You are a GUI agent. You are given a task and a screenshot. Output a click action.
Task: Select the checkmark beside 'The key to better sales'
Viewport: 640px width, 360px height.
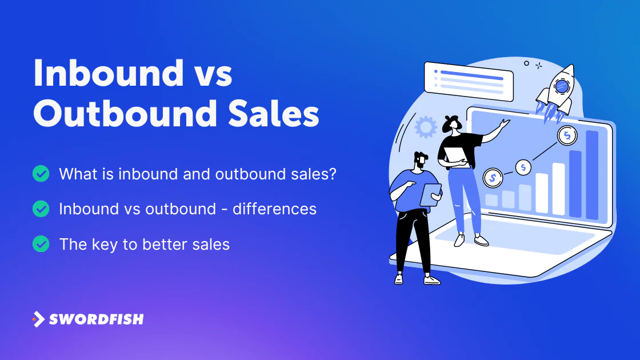(x=41, y=244)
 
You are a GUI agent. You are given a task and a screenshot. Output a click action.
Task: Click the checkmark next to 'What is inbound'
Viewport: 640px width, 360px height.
(x=41, y=174)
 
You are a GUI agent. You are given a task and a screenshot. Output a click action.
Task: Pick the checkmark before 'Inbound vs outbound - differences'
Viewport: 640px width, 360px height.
(x=41, y=209)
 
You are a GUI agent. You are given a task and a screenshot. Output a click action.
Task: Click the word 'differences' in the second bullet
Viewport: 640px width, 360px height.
(x=275, y=209)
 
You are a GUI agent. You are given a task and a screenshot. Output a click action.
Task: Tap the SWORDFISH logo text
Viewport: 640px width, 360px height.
(x=97, y=319)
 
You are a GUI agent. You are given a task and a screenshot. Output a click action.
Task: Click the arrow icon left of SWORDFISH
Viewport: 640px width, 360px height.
(x=38, y=319)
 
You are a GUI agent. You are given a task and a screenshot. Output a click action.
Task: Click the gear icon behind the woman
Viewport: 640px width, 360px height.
(x=426, y=127)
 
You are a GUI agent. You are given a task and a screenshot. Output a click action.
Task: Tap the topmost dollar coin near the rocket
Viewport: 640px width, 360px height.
(x=567, y=135)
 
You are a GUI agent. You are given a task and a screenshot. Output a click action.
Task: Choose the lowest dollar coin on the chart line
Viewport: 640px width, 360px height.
(x=493, y=178)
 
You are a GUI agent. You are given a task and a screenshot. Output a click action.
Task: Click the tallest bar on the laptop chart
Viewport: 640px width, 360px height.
(x=592, y=175)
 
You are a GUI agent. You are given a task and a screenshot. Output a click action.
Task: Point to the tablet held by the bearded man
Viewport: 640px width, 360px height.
(x=431, y=195)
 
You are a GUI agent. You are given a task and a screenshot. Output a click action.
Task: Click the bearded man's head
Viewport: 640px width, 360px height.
(x=420, y=161)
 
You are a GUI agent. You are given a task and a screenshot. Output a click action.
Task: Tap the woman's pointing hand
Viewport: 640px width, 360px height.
(x=505, y=123)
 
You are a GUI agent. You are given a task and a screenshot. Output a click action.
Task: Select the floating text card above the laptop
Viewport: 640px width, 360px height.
(x=469, y=81)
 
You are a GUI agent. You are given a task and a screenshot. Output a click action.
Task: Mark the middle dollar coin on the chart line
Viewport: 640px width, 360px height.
(x=523, y=167)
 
